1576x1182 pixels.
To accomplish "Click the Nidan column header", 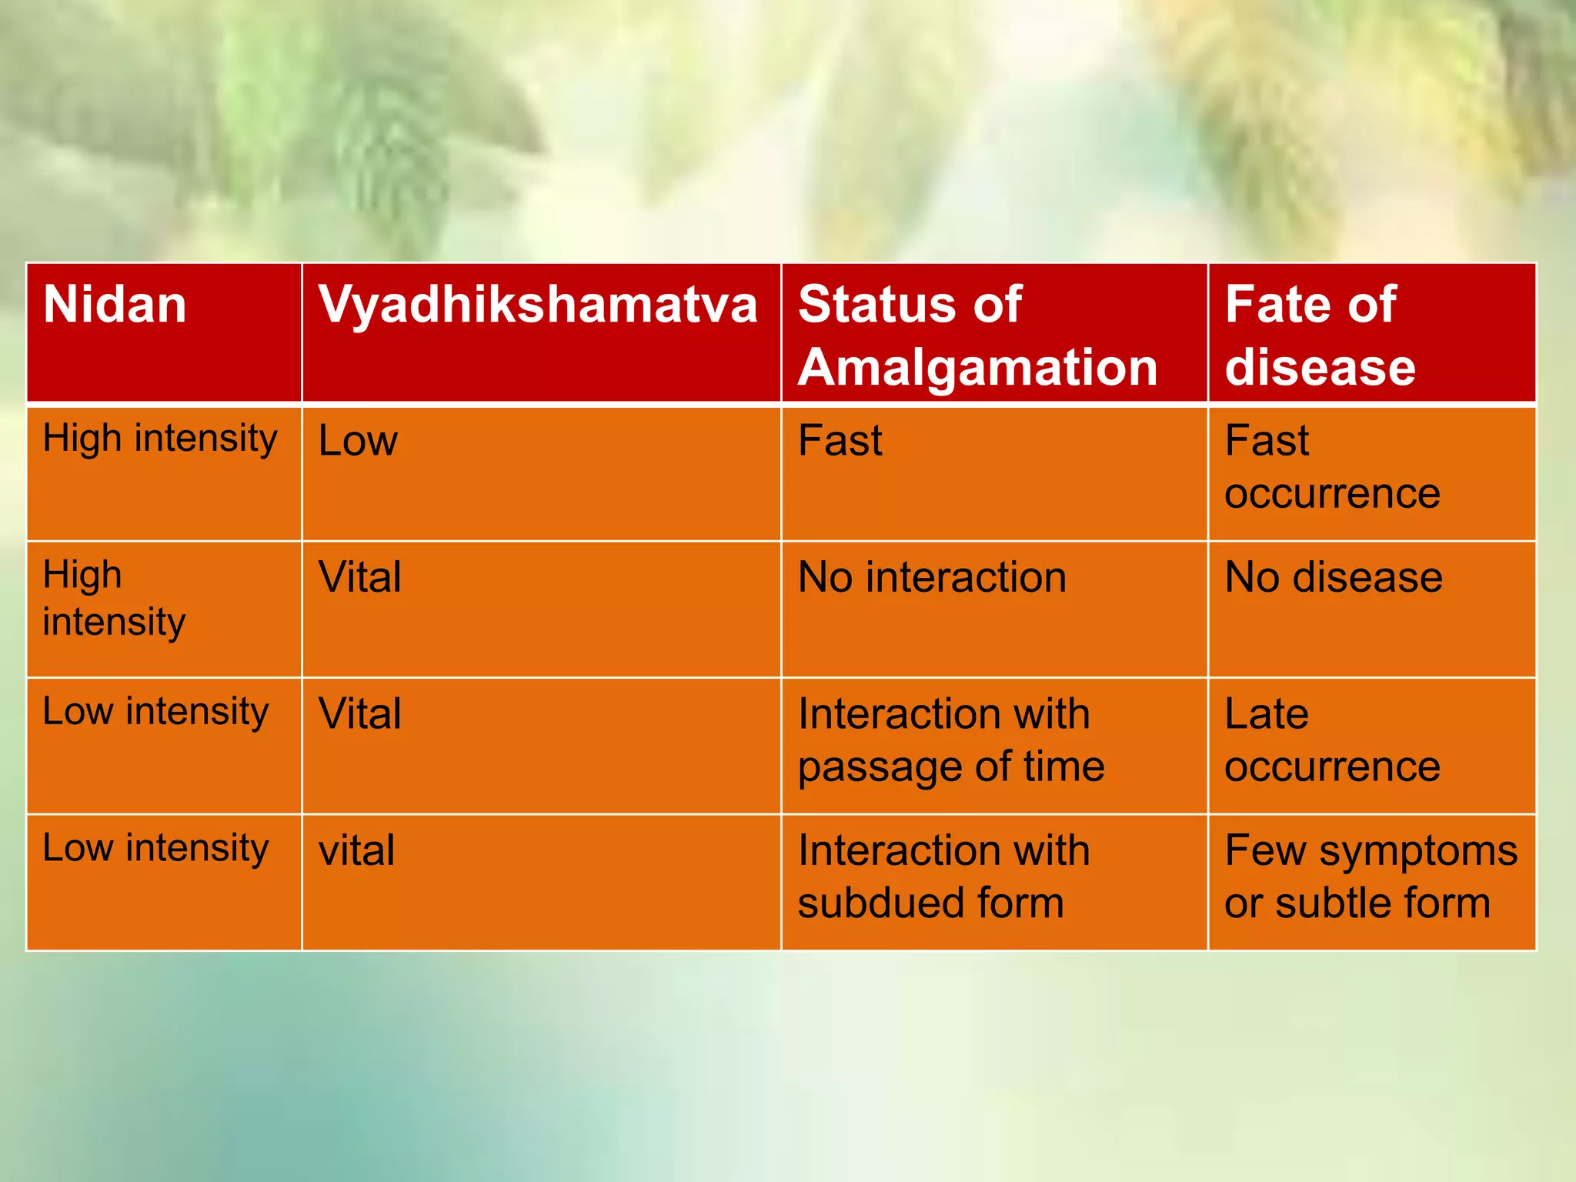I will click(115, 305).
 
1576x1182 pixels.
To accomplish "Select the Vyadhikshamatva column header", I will click(538, 305).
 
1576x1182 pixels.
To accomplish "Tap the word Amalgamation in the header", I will click(977, 367).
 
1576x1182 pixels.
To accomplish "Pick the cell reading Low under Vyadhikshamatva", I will click(359, 441).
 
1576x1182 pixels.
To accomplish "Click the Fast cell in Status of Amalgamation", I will click(840, 441).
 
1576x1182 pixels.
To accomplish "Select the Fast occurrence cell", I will click(1331, 467).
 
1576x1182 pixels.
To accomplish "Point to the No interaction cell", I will click(932, 577).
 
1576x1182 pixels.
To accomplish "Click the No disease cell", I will click(1333, 577).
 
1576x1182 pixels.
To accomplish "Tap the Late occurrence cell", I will click(1331, 740).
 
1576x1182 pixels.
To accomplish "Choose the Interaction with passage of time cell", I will click(951, 740).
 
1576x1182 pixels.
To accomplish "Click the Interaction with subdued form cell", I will click(943, 876).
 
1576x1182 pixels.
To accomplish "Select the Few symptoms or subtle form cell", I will click(1370, 876).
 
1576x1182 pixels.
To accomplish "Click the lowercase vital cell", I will click(356, 850).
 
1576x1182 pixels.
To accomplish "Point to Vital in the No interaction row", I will click(360, 577).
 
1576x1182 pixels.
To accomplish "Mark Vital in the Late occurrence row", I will click(360, 713).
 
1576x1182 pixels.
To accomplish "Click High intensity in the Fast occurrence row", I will click(160, 439).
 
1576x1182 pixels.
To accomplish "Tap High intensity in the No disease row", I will click(114, 599).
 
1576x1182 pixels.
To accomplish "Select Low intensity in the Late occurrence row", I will click(155, 711).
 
